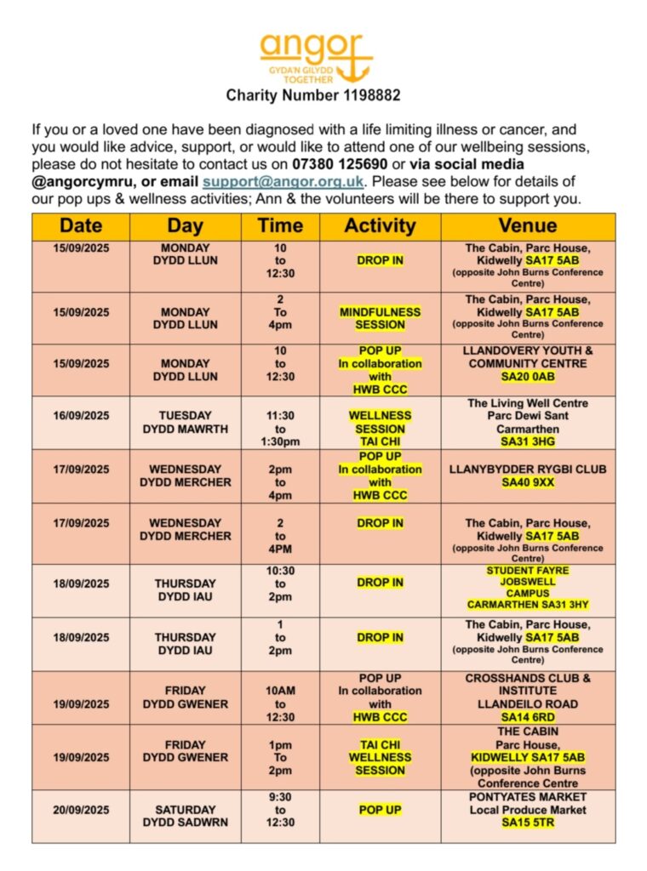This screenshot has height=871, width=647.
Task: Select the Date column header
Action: tap(81, 225)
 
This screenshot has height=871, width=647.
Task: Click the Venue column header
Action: tap(528, 225)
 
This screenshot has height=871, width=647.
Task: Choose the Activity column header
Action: tap(380, 225)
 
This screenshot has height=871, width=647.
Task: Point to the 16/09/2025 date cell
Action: tap(81, 416)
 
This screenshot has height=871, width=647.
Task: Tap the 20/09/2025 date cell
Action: tap(81, 810)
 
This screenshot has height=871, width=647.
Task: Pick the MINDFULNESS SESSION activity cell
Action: tap(380, 318)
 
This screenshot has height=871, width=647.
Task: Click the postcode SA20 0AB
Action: tap(528, 377)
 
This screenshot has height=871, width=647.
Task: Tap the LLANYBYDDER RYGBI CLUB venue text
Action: tap(528, 469)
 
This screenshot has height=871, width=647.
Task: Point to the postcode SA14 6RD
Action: tap(528, 717)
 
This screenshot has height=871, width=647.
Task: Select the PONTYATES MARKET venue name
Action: tap(528, 797)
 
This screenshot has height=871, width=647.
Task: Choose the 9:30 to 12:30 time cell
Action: tap(280, 810)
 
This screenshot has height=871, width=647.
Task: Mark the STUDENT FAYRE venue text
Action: tap(528, 571)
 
